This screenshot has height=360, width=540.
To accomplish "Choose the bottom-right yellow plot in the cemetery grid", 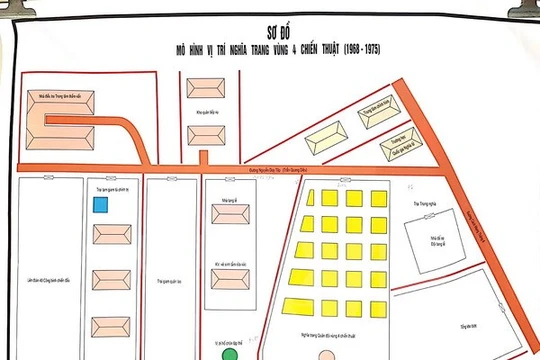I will pos(377,304).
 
